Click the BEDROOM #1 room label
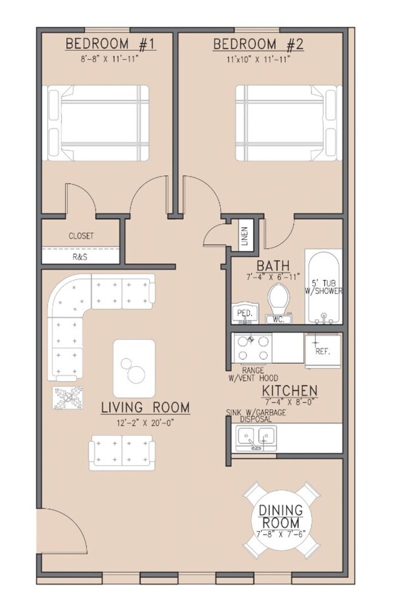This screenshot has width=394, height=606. (110, 44)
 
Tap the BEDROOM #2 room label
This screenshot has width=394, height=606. (258, 44)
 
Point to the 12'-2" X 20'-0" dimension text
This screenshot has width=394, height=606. (145, 423)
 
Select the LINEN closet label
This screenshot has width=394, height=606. (245, 236)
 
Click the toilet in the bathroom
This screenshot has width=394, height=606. (279, 304)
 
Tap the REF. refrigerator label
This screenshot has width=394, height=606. (322, 351)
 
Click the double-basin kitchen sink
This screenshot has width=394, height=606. (256, 438)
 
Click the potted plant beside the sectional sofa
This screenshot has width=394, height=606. (68, 398)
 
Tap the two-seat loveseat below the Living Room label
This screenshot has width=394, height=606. (122, 453)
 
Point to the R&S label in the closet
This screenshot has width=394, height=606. (79, 257)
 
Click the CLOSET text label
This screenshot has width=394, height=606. (81, 236)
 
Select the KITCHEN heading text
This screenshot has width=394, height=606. (290, 390)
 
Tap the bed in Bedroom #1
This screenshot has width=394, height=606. (96, 123)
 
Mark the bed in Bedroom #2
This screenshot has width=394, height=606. (289, 123)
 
